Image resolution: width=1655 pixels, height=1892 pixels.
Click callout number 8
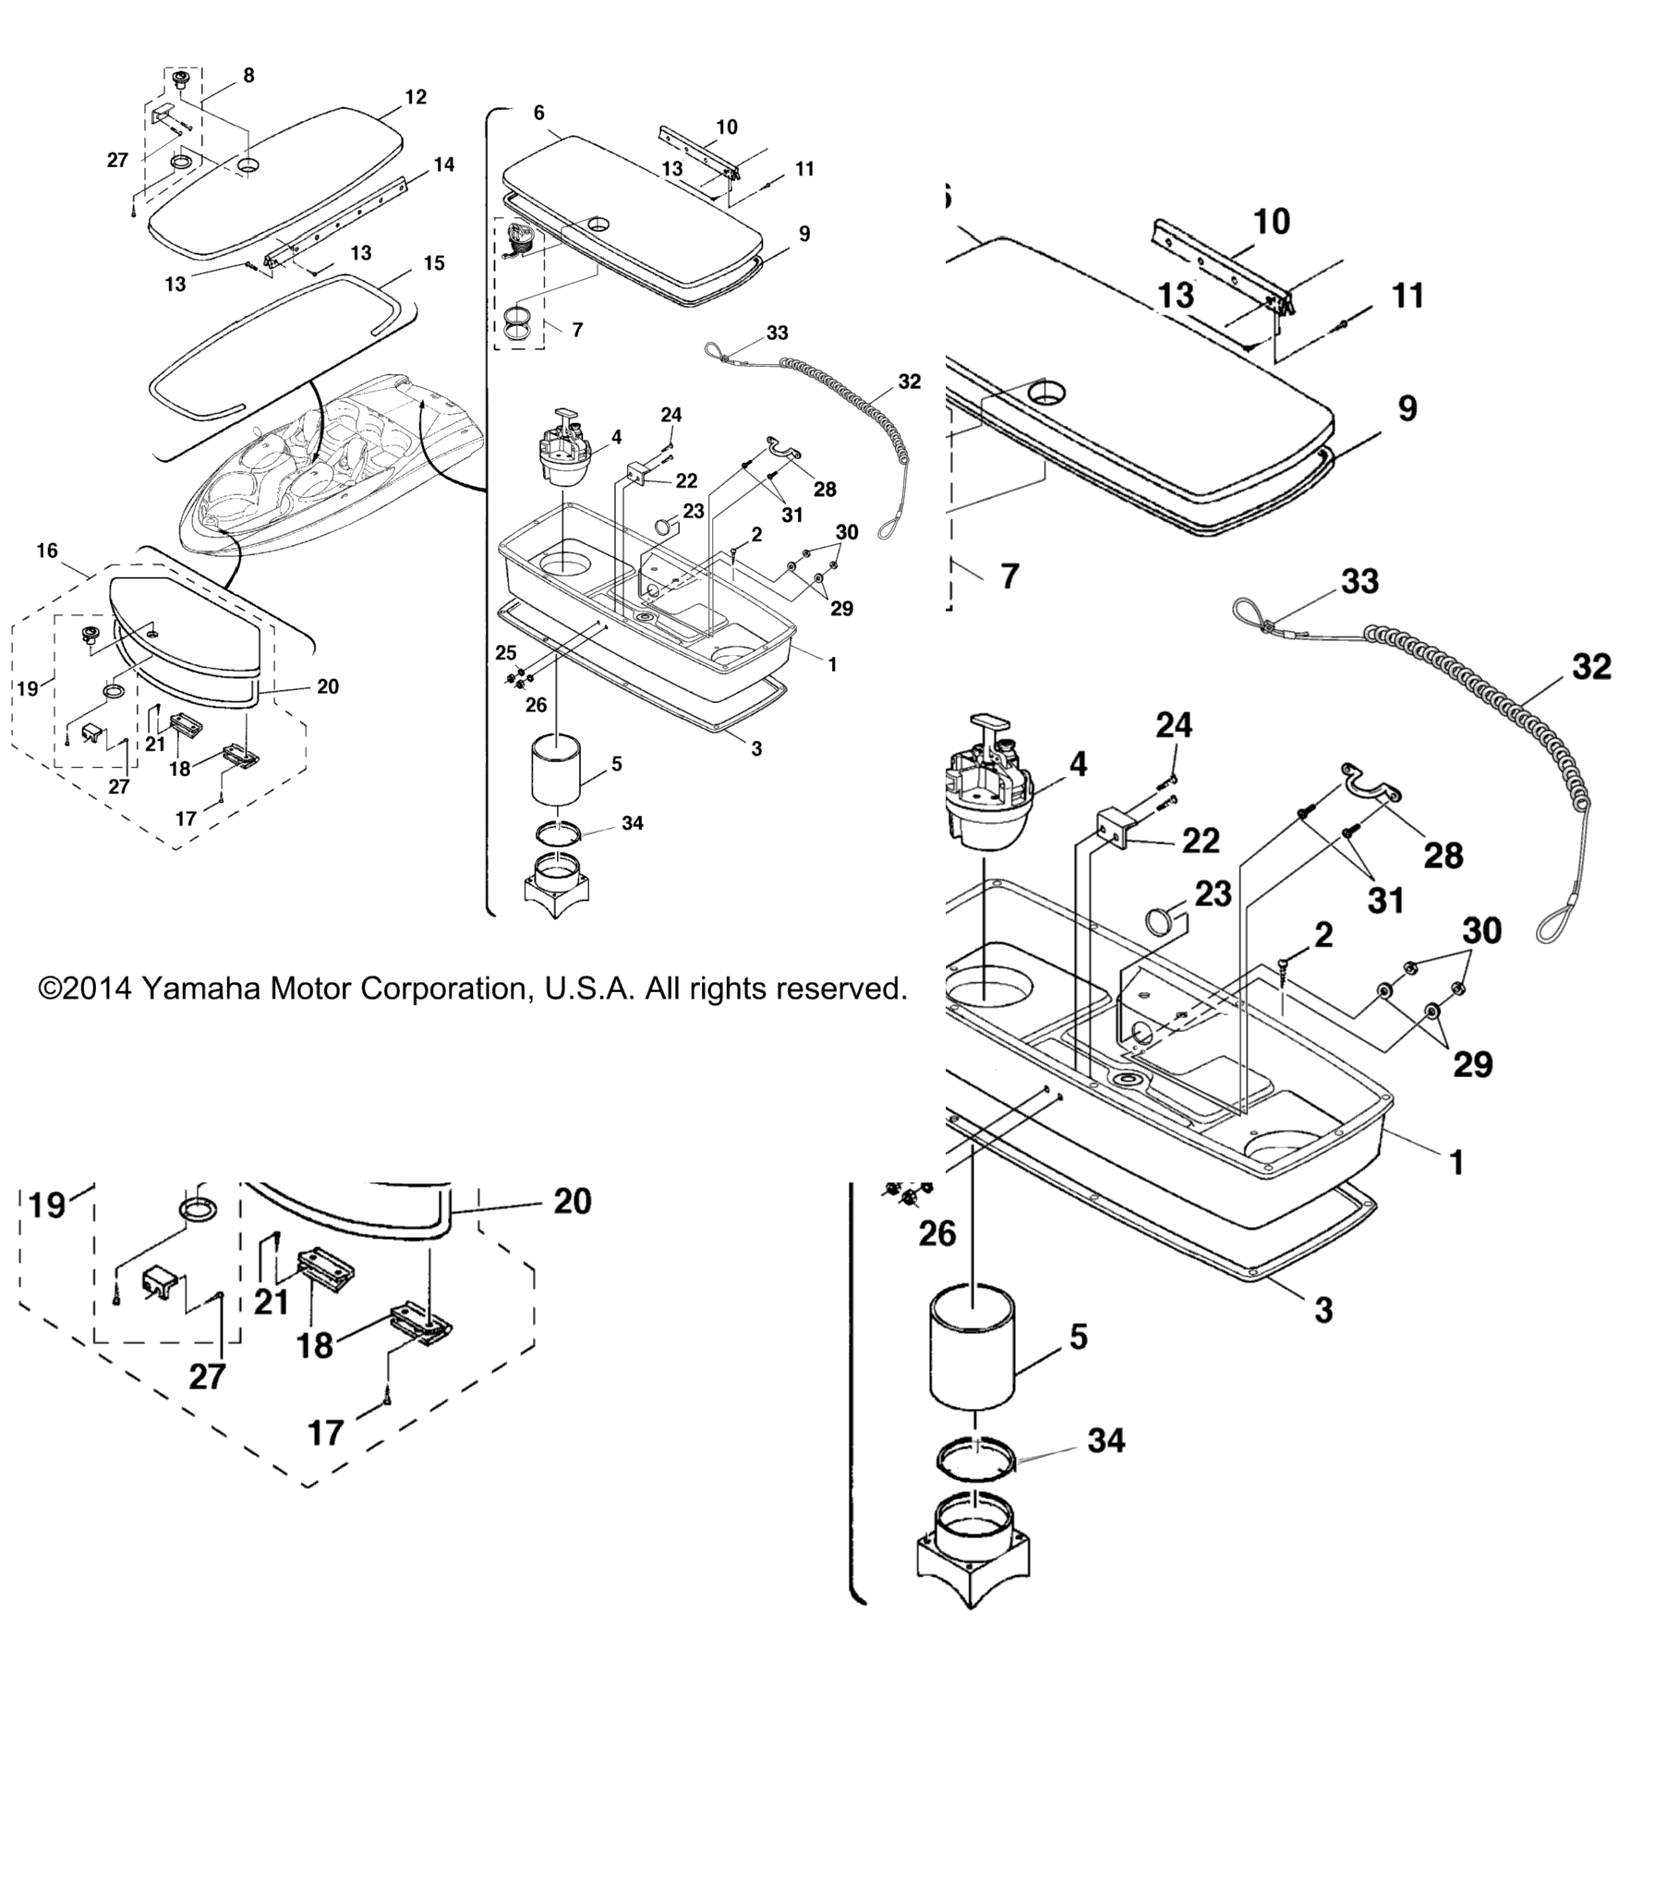pyautogui.click(x=248, y=76)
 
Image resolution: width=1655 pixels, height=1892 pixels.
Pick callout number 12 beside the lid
pyautogui.click(x=416, y=97)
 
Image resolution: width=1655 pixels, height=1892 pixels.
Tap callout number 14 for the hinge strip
pyautogui.click(x=444, y=164)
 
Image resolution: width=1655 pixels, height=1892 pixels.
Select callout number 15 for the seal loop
pyautogui.click(x=434, y=263)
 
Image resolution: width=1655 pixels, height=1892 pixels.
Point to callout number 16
pyautogui.click(x=47, y=551)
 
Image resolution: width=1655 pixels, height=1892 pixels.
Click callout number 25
pyautogui.click(x=505, y=652)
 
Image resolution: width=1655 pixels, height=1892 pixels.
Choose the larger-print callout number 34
pyautogui.click(x=1105, y=1440)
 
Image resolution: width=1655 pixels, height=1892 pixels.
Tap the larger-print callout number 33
pyautogui.click(x=1359, y=581)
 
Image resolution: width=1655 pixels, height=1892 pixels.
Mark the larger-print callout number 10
pyautogui.click(x=1271, y=222)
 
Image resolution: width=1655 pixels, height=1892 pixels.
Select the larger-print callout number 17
pyautogui.click(x=325, y=1433)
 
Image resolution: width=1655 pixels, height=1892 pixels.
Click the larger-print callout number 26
pyautogui.click(x=936, y=1233)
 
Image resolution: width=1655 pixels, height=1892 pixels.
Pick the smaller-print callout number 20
pyautogui.click(x=327, y=686)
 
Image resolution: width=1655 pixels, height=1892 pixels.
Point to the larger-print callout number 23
pyautogui.click(x=1213, y=893)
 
